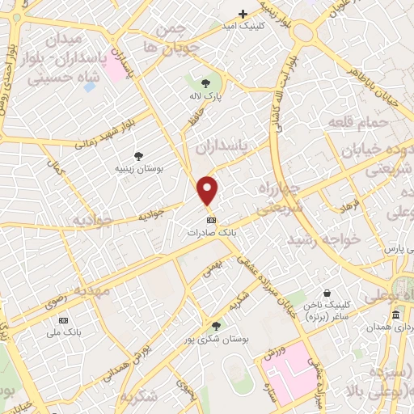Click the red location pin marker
click(x=208, y=191)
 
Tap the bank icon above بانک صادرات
click(x=212, y=219)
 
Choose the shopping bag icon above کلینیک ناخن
click(x=326, y=293)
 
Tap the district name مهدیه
click(x=93, y=289)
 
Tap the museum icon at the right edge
click(x=395, y=315)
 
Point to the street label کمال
click(x=57, y=169)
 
